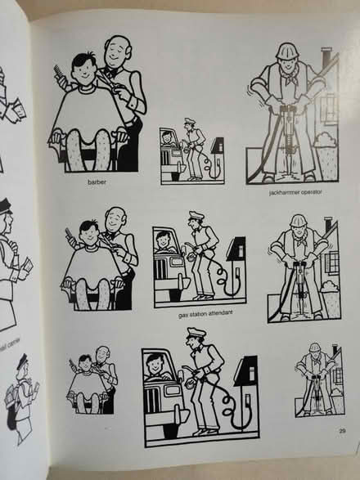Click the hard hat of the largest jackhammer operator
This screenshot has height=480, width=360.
point(287,52)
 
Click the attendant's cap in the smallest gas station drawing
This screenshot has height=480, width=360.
point(188,123)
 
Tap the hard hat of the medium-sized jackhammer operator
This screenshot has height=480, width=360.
point(298,221)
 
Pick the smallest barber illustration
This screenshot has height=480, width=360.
point(92,383)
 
